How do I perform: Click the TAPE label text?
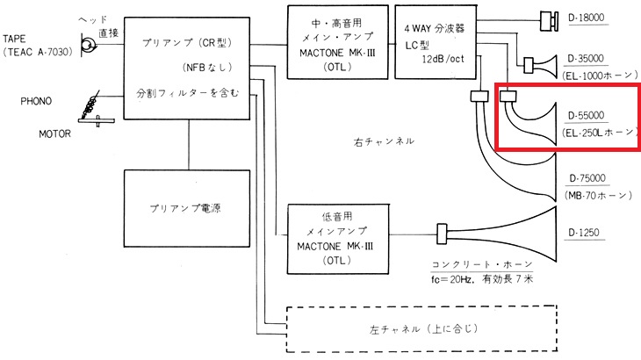tap(18, 40)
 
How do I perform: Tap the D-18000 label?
tap(594, 18)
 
